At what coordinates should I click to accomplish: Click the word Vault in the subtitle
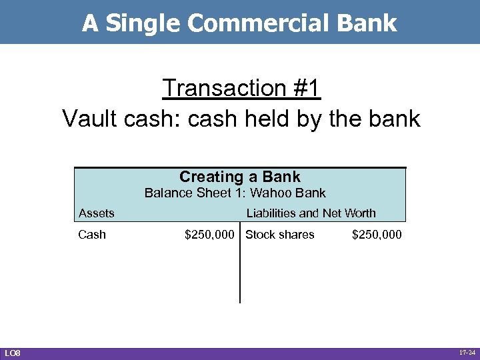pyautogui.click(x=91, y=119)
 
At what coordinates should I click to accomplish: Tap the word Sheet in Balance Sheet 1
pyautogui.click(x=213, y=193)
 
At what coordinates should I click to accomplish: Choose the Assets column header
pyautogui.click(x=97, y=213)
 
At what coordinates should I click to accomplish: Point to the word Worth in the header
pyautogui.click(x=359, y=213)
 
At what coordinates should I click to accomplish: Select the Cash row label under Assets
pyautogui.click(x=92, y=235)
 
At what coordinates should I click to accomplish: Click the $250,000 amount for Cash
pyautogui.click(x=209, y=235)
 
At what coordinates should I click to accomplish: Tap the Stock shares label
pyautogui.click(x=280, y=235)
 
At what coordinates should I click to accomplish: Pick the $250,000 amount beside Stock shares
pyautogui.click(x=377, y=235)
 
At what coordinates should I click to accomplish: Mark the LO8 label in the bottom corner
pyautogui.click(x=13, y=352)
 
